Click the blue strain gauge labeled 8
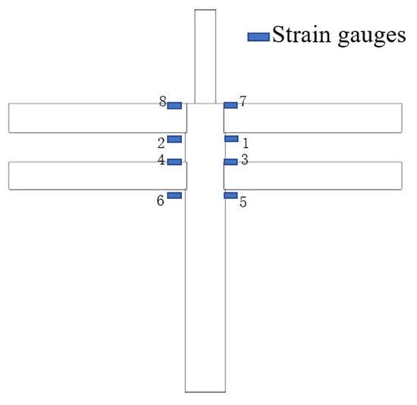click(174, 106)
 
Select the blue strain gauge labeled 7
click(230, 105)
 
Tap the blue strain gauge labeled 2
click(174, 139)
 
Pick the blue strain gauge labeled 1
click(231, 139)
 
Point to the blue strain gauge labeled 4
click(174, 162)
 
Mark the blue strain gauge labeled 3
click(230, 162)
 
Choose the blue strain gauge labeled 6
click(174, 195)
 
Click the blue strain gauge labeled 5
click(230, 195)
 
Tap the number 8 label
click(163, 101)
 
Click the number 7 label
click(243, 101)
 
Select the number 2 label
click(161, 144)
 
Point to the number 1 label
click(246, 144)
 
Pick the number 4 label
click(161, 160)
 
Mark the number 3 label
click(245, 160)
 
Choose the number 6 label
click(160, 201)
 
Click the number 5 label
click(243, 202)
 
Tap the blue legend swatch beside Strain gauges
click(259, 37)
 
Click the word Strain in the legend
click(302, 34)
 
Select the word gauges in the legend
click(372, 37)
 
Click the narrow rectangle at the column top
click(205, 56)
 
